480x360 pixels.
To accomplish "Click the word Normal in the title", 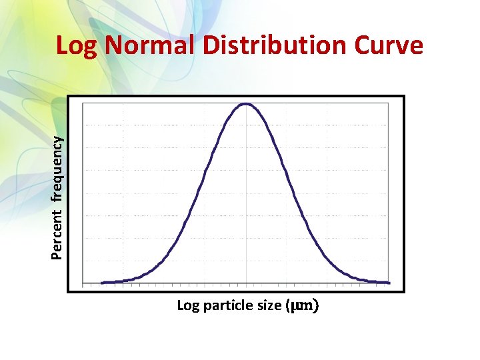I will click(150, 46).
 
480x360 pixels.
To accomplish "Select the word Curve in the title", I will click(389, 46).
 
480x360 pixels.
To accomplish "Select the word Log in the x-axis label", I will click(187, 306).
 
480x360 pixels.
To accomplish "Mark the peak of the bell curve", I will click(246, 104).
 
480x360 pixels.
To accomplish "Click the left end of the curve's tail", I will click(102, 283).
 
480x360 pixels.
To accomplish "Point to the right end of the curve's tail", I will click(389, 283).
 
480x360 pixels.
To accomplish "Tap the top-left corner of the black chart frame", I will click(69, 97).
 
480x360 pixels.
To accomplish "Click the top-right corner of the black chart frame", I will click(404, 97).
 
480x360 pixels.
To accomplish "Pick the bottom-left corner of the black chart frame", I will click(69, 291).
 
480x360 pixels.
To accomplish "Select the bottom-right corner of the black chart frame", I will click(404, 291).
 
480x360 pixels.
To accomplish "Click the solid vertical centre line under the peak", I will click(247, 200).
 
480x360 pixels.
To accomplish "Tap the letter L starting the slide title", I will click(62, 46).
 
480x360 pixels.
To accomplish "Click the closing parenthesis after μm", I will click(315, 306).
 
